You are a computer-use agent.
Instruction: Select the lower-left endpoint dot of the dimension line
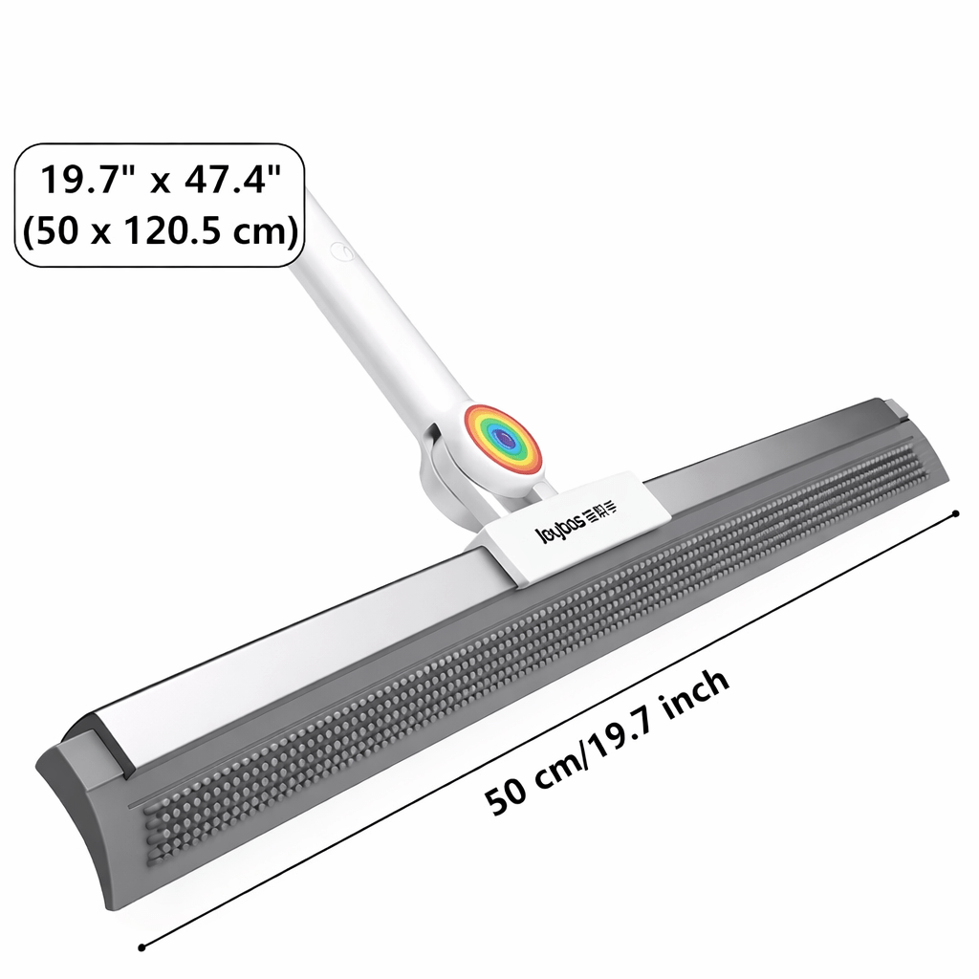click(141, 947)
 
